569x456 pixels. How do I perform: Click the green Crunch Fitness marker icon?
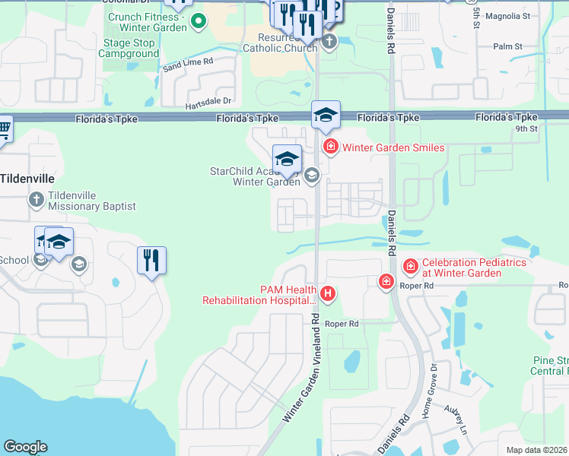tap(199, 21)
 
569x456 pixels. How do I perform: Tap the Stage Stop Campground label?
tap(128, 49)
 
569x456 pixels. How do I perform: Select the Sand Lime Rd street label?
tap(187, 65)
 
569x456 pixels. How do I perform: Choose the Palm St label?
tap(507, 46)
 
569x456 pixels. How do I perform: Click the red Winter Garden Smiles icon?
tap(330, 147)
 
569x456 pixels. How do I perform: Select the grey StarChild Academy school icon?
tap(310, 176)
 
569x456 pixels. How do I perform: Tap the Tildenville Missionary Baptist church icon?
tap(36, 201)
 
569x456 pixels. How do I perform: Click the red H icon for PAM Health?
tap(328, 293)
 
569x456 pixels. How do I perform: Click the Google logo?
tap(25, 447)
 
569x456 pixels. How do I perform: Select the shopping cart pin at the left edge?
tap(4, 130)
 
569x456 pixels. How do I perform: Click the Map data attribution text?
tap(537, 450)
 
